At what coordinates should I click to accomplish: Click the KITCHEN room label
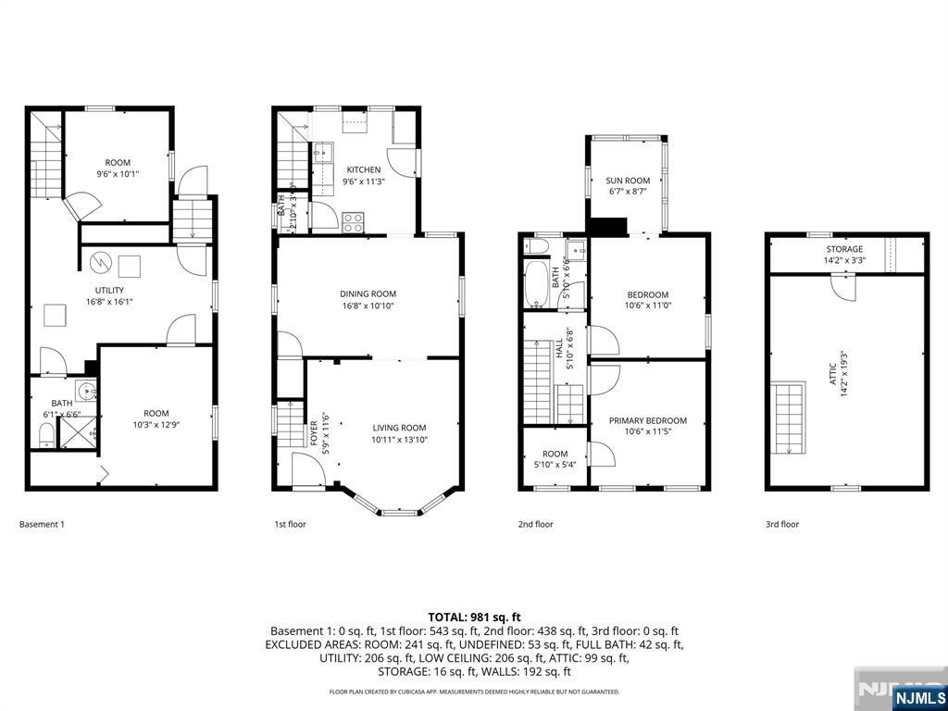pyautogui.click(x=363, y=170)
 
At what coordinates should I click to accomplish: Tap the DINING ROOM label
pyautogui.click(x=367, y=294)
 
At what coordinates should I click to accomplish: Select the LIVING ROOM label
pyautogui.click(x=399, y=428)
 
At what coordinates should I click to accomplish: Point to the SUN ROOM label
pyautogui.click(x=628, y=181)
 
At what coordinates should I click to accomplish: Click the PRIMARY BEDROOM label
pyautogui.click(x=648, y=420)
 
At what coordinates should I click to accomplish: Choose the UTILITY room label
pyautogui.click(x=108, y=290)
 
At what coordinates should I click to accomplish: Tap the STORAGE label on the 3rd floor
pyautogui.click(x=844, y=249)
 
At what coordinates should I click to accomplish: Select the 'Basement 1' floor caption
pyautogui.click(x=43, y=524)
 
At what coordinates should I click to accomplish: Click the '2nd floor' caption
pyautogui.click(x=535, y=524)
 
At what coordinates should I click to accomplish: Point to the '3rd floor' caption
pyautogui.click(x=781, y=524)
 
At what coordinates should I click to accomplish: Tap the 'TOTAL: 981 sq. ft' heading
pyautogui.click(x=474, y=617)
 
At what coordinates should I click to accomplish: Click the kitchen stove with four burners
pyautogui.click(x=353, y=222)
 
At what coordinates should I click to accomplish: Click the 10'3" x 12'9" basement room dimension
pyautogui.click(x=156, y=426)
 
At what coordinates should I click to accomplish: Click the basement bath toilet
pyautogui.click(x=47, y=434)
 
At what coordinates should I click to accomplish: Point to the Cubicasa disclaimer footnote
pyautogui.click(x=474, y=692)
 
